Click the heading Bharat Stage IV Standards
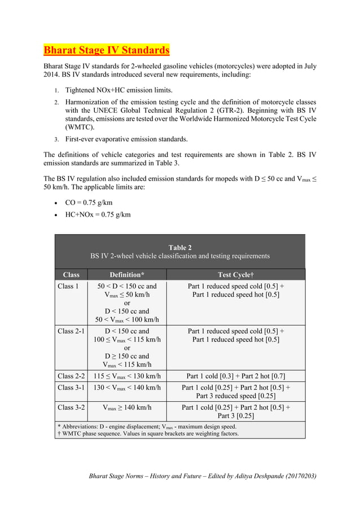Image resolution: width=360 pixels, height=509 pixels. [107, 51]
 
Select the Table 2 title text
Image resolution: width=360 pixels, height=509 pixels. [180, 247]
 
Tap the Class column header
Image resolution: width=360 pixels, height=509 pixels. [71, 275]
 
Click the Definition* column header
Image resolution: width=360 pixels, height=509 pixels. [127, 275]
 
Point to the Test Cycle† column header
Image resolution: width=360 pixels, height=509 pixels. [235, 275]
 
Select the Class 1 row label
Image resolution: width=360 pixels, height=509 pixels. [68, 286]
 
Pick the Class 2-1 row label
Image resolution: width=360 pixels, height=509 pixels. [71, 331]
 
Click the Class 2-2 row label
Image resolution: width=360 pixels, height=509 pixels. [71, 376]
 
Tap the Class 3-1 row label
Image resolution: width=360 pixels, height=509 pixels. [71, 388]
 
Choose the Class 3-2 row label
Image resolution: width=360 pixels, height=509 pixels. [71, 407]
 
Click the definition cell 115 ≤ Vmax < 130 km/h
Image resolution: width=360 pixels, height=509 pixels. [127, 376]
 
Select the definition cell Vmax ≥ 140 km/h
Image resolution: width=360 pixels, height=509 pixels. [127, 407]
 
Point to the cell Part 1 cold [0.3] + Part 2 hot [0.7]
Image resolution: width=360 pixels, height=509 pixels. [235, 376]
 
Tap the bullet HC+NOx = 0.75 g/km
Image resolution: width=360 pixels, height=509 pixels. [98, 214]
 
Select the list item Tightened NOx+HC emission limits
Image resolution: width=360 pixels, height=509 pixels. [119, 90]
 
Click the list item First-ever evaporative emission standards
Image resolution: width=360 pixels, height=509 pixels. [126, 139]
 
